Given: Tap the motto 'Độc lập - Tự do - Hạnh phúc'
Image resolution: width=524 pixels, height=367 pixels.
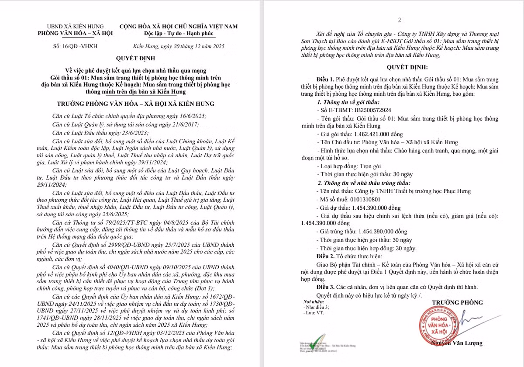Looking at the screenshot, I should [x=178, y=33].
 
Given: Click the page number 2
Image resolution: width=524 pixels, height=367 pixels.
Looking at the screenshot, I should [x=399, y=20].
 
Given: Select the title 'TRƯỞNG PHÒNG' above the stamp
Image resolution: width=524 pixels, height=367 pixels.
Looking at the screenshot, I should [x=457, y=302].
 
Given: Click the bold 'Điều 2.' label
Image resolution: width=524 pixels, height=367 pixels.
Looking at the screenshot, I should [x=325, y=256].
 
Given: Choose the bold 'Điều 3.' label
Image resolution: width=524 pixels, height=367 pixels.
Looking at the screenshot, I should [x=325, y=287].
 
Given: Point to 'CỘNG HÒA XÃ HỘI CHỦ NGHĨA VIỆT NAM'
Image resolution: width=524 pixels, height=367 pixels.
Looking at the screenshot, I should [x=178, y=26].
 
